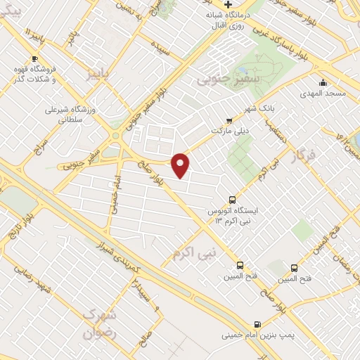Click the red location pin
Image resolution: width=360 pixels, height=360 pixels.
[x=181, y=164]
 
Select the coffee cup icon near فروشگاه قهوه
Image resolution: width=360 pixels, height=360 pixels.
[x=34, y=58]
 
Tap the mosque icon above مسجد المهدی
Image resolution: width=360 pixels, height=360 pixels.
[x=323, y=82]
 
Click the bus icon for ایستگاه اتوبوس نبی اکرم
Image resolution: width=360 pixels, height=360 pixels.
[x=233, y=199]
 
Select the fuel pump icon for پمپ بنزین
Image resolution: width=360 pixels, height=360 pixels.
[x=257, y=325]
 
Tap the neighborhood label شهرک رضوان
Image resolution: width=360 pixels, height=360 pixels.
[x=98, y=323]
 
